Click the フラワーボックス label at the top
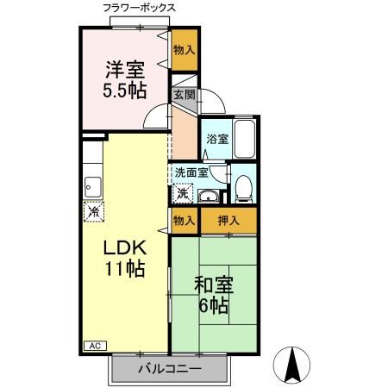pos(140,7)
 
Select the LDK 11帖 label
pos(126,256)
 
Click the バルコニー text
pos(170,369)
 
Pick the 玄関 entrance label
pos(183,95)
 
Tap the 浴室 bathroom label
pos(216,138)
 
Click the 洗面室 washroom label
pos(191,172)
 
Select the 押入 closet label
pos(228,220)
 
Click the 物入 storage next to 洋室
pos(184,49)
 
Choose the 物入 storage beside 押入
pos(184,220)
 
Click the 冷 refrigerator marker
pos(92,210)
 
